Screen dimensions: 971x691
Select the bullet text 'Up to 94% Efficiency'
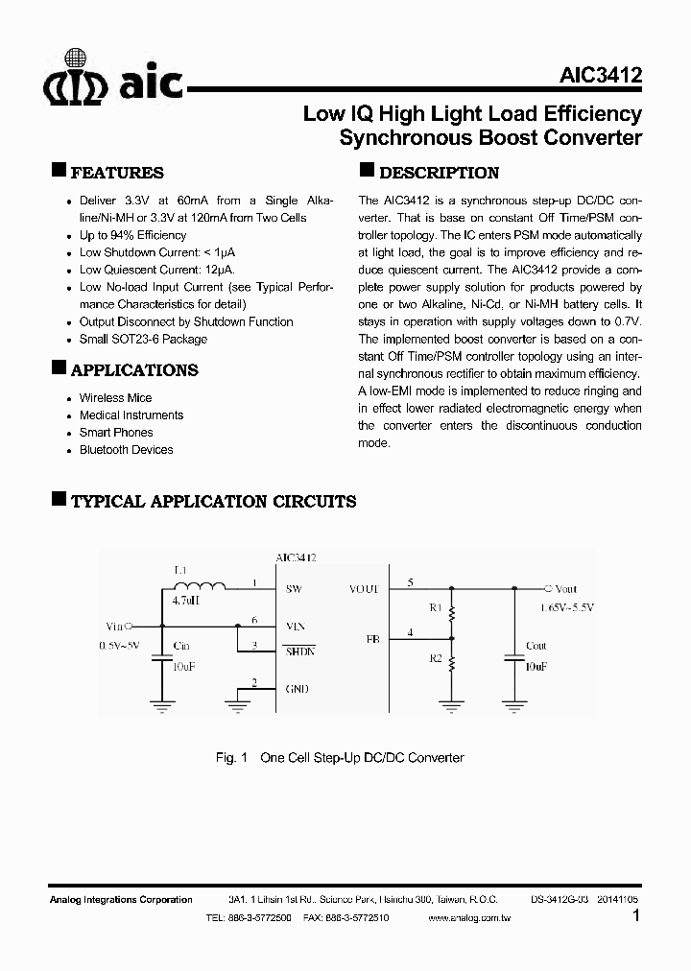pyautogui.click(x=132, y=235)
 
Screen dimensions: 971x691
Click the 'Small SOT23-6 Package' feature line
pyautogui.click(x=143, y=339)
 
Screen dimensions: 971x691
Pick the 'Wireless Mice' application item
pyautogui.click(x=115, y=398)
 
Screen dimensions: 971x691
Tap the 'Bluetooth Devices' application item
pyautogui.click(x=127, y=450)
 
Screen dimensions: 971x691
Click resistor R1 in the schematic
pyautogui.click(x=451, y=610)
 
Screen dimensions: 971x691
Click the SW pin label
pyautogui.click(x=294, y=589)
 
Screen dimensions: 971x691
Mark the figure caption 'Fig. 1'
pyautogui.click(x=232, y=758)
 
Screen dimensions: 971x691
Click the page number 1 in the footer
pyautogui.click(x=636, y=916)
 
